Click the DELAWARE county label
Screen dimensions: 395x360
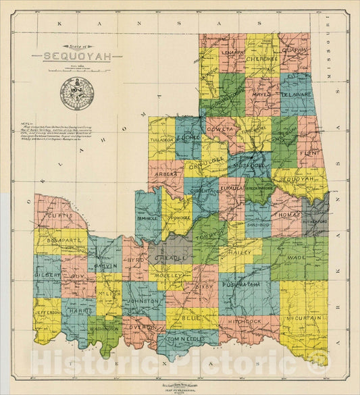point(296,95)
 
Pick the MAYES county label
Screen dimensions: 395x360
point(261,95)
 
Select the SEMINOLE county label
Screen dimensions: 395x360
point(148,217)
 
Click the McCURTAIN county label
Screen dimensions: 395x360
point(303,318)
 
